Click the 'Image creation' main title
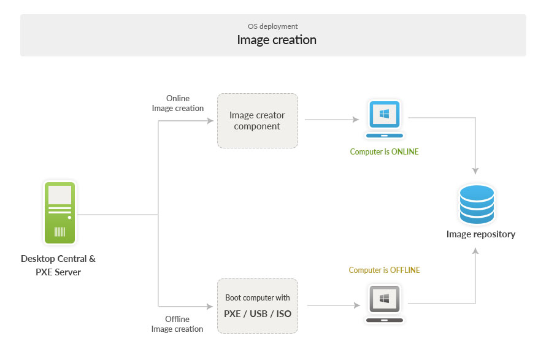click(277, 40)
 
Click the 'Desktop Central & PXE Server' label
click(58, 265)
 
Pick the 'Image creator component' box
click(257, 121)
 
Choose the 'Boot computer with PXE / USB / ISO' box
click(257, 306)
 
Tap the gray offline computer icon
click(385, 303)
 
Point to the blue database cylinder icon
click(477, 204)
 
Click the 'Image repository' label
click(480, 234)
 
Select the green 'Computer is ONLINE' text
click(384, 151)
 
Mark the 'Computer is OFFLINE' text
click(384, 270)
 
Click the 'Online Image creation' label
click(178, 103)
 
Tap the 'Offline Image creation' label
click(177, 324)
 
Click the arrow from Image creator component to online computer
click(331, 120)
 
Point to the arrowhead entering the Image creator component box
click(209, 120)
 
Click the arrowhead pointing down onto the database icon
click(475, 171)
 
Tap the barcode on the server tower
click(60, 232)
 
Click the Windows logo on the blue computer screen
click(385, 114)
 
